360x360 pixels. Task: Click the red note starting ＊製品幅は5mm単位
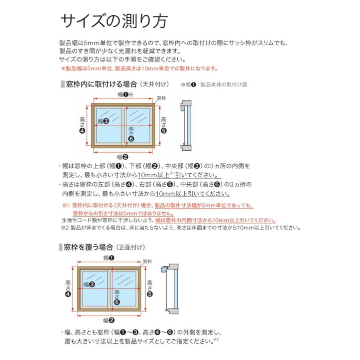(139, 68)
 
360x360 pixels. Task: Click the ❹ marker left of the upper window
(82, 131)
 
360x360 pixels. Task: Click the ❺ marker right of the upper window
(164, 131)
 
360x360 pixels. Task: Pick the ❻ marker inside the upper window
(131, 139)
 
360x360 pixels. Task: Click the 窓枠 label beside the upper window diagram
(161, 98)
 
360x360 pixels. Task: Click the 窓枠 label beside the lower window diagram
(147, 261)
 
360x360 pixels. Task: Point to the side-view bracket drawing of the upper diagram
(185, 126)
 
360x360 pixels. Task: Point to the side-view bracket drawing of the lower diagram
(170, 288)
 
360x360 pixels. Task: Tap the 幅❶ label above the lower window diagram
(109, 258)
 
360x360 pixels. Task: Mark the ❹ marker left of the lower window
(68, 294)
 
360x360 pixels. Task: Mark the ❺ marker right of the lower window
(150, 294)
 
